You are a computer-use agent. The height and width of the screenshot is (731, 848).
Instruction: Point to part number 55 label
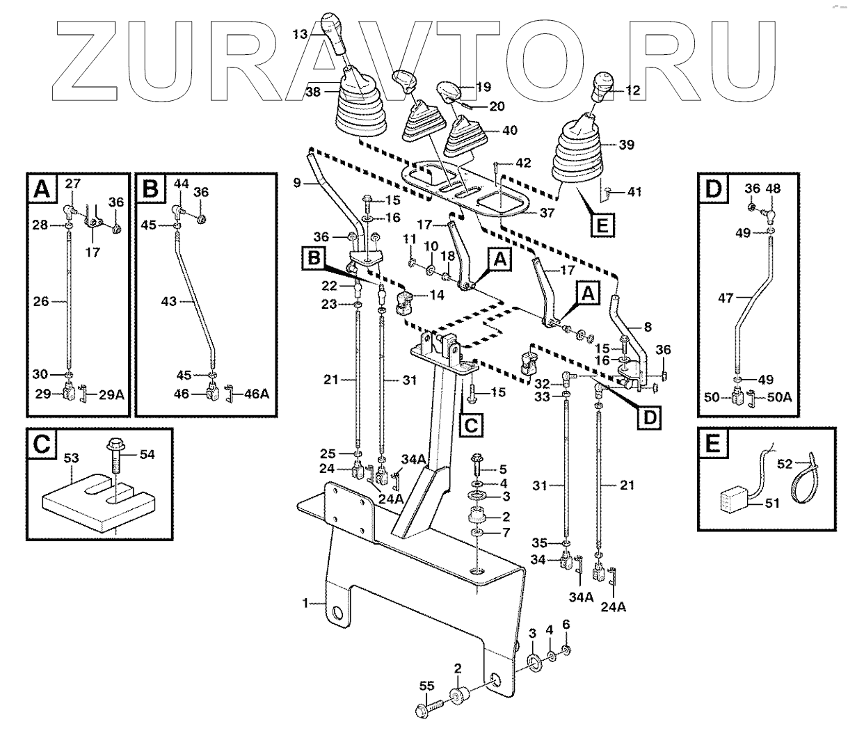click(426, 686)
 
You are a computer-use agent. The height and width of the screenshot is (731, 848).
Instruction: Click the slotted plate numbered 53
click(94, 501)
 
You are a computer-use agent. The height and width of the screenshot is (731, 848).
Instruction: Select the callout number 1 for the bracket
click(305, 604)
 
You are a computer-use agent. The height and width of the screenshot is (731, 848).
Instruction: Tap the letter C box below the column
click(471, 424)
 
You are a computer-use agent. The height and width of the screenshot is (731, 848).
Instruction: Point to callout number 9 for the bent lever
click(297, 183)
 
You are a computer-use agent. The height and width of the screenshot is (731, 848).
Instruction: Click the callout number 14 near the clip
click(436, 295)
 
